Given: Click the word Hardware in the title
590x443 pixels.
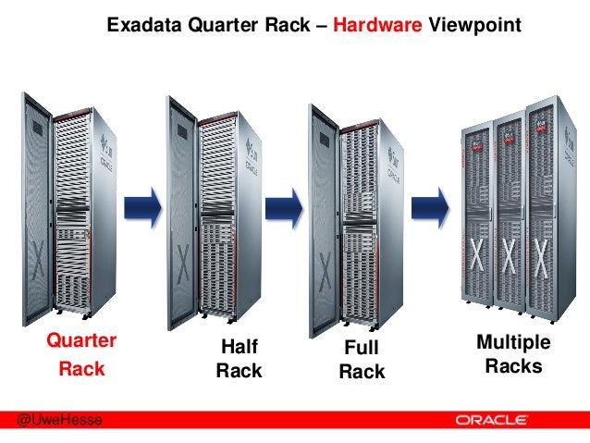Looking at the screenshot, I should (376, 26).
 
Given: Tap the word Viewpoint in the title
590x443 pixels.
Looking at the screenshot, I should (473, 26).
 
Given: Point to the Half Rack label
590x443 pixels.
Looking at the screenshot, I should (239, 359).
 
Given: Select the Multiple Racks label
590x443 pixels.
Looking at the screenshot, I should (513, 355).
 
